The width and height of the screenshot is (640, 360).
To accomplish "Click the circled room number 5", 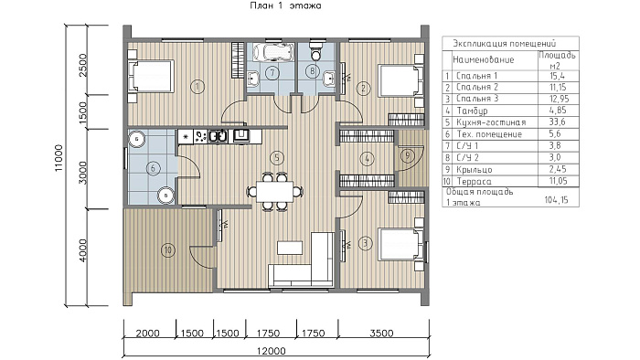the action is click(x=277, y=158).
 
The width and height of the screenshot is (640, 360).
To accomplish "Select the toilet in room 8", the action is click(x=316, y=49).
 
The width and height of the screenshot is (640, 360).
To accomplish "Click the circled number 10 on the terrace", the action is click(x=167, y=250).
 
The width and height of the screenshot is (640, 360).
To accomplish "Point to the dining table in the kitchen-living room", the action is click(x=274, y=191).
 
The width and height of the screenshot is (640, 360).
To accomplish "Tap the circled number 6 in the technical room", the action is click(x=153, y=168).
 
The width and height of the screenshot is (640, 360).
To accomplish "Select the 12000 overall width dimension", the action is click(x=272, y=351).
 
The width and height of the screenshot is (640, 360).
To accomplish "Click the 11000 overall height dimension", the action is click(x=59, y=158).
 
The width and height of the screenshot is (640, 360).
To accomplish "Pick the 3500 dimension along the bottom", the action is click(x=381, y=334).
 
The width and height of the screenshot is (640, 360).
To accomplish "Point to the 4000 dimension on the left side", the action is click(x=83, y=250).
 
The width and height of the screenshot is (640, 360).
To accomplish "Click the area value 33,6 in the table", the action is click(x=556, y=122).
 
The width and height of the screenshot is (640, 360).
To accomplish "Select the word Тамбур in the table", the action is click(x=473, y=111).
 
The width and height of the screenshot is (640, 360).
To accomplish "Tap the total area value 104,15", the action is click(x=556, y=200).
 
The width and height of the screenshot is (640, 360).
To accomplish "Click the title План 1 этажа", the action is click(x=285, y=5).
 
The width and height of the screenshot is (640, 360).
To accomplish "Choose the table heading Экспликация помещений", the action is click(x=505, y=43).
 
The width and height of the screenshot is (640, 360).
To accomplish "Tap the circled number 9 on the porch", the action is click(x=407, y=155).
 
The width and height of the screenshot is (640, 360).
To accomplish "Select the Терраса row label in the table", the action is click(x=474, y=181).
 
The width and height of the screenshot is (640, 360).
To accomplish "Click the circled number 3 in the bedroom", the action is click(x=365, y=244).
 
